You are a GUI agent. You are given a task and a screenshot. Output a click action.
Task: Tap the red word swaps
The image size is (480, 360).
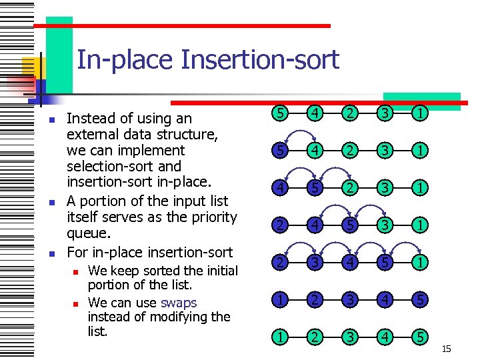(x=179, y=302)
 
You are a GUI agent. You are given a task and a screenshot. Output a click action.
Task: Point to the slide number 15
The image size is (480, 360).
(x=447, y=349)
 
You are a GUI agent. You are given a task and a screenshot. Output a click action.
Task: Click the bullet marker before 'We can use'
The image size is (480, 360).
(x=77, y=303)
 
